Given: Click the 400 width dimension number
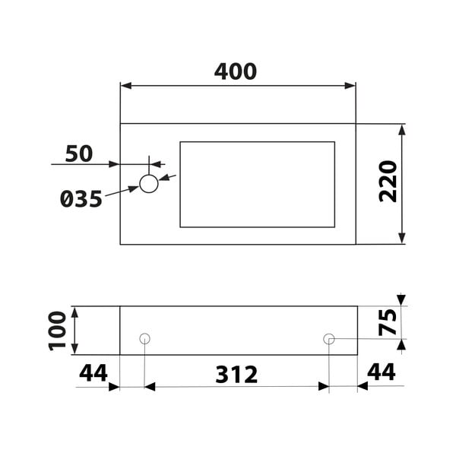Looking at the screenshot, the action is point(236,71).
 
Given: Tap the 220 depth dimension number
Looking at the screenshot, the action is point(388,181).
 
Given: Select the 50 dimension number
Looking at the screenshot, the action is point(79,154).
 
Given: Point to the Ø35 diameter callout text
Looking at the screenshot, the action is point(81,199).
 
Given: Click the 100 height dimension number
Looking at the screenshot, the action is point(57,331).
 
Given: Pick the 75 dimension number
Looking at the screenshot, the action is point(388,322).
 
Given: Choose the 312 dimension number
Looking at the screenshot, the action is point(236,375).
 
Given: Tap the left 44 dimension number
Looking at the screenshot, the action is point(93,373).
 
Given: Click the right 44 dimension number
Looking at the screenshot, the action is point(382,372).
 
